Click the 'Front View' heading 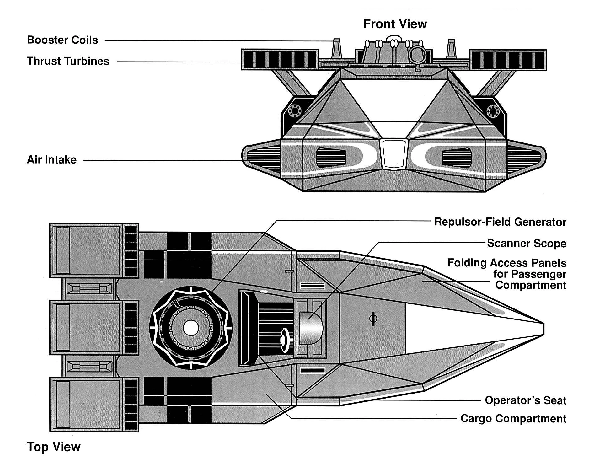[x=395, y=24]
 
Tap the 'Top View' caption [x=54, y=447]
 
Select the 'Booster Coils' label [x=62, y=40]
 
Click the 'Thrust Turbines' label [x=68, y=61]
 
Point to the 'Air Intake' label [x=52, y=160]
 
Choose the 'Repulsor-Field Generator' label [x=500, y=222]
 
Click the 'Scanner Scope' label [x=527, y=244]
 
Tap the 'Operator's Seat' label [x=525, y=400]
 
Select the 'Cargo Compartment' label [x=513, y=419]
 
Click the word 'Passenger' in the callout [x=530, y=274]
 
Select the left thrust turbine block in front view [x=280, y=60]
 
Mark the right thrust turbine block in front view [x=508, y=60]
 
